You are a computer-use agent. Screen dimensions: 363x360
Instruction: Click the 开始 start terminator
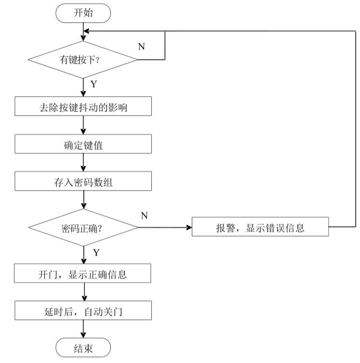tap(83, 13)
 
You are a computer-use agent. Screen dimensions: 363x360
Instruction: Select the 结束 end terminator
tap(83, 348)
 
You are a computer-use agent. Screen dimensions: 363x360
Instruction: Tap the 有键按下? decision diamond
tap(83, 60)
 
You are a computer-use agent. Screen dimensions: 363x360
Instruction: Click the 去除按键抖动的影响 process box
tap(83, 106)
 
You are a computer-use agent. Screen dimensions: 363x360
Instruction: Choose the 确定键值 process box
tap(83, 144)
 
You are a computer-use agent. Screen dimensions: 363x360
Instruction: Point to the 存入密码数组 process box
tap(83, 181)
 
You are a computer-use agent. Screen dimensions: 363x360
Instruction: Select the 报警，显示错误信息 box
tap(260, 227)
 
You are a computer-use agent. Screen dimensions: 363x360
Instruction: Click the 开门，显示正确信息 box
tap(83, 273)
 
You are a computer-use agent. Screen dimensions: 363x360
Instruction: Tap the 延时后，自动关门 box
tap(83, 311)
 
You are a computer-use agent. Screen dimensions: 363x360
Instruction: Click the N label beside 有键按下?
tap(141, 47)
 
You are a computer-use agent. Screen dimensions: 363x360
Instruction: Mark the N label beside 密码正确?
tap(144, 215)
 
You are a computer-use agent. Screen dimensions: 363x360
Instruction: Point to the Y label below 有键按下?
tap(93, 84)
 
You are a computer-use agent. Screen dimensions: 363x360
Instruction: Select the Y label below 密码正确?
tap(96, 252)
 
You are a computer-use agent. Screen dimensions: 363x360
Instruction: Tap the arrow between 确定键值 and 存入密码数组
tap(84, 163)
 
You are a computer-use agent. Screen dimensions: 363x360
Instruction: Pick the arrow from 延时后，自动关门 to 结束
tap(84, 329)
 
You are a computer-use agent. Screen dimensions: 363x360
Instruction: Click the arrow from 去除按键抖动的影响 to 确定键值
tap(84, 125)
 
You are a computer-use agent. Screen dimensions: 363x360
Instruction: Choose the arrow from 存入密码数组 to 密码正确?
tap(84, 200)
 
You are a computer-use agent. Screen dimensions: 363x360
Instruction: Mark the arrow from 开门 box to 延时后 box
tap(84, 292)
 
